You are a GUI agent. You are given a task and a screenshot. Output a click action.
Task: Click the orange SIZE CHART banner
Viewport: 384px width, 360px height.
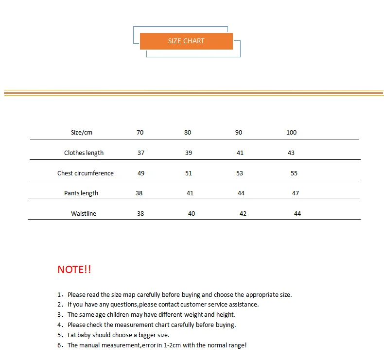pyautogui.click(x=186, y=41)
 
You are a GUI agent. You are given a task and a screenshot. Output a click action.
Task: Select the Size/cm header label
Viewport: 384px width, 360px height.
pyautogui.click(x=82, y=133)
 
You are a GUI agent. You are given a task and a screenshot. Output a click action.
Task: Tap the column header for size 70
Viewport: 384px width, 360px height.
pyautogui.click(x=140, y=133)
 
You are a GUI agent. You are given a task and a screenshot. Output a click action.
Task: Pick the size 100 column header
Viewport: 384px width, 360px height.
pyautogui.click(x=291, y=133)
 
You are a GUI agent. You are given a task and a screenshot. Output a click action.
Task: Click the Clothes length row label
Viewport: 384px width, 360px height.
pyautogui.click(x=84, y=153)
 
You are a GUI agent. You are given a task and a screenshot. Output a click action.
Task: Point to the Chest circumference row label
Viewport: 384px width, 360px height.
pyautogui.click(x=86, y=173)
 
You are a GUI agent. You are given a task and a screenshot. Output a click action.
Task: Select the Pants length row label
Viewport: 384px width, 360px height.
pyautogui.click(x=81, y=193)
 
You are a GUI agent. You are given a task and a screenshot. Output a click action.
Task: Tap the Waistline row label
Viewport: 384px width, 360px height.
pyautogui.click(x=84, y=214)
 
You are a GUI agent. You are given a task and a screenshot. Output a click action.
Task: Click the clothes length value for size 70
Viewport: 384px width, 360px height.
pyautogui.click(x=141, y=153)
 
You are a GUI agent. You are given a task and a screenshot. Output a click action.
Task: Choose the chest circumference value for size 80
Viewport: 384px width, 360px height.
pyautogui.click(x=189, y=173)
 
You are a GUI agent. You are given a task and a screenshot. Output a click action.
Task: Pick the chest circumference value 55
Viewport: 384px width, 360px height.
pyautogui.click(x=294, y=173)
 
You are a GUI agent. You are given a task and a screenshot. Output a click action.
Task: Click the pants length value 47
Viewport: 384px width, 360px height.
pyautogui.click(x=296, y=193)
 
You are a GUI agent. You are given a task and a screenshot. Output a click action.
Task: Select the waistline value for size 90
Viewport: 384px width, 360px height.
pyautogui.click(x=243, y=214)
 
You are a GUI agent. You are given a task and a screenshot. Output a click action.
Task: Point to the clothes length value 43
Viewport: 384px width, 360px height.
pyautogui.click(x=291, y=153)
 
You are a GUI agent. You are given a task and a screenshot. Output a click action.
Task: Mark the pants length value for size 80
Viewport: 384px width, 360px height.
pyautogui.click(x=190, y=193)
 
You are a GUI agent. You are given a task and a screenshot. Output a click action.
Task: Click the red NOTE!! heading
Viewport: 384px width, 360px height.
pyautogui.click(x=74, y=270)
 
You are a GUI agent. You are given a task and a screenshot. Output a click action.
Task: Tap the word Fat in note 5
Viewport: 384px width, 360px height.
pyautogui.click(x=72, y=335)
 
